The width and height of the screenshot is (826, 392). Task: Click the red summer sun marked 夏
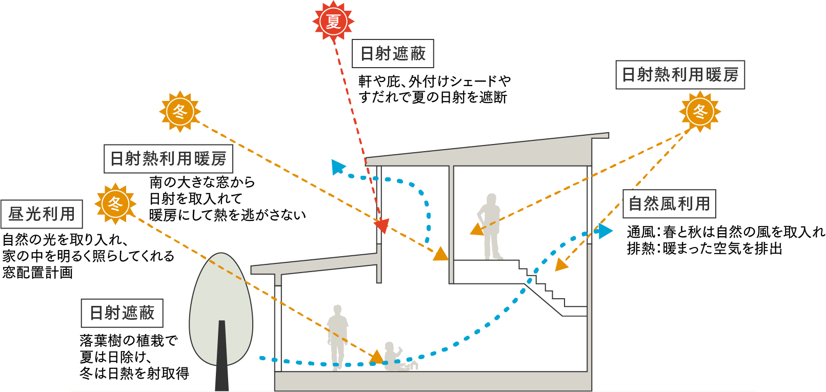(x=333, y=21)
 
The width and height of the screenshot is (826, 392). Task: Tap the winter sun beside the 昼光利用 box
(x=115, y=203)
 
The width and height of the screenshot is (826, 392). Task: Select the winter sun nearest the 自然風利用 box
(x=700, y=111)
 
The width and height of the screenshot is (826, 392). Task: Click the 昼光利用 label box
(x=42, y=214)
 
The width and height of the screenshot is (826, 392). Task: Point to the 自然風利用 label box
(x=669, y=204)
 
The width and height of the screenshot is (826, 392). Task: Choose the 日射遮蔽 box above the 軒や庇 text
(x=393, y=53)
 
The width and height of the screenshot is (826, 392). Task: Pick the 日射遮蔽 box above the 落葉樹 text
(x=122, y=313)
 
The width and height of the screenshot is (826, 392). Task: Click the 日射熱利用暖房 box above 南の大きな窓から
(x=168, y=158)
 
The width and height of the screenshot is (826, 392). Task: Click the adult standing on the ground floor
(x=337, y=336)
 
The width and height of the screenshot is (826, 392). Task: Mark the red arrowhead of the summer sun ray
(x=381, y=225)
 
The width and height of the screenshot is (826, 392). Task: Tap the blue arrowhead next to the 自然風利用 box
(x=605, y=231)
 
